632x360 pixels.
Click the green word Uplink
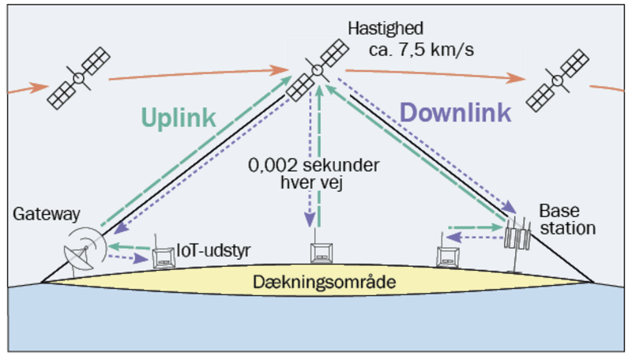click(x=179, y=118)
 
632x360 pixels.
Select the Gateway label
click(x=47, y=214)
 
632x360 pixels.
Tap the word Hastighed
click(x=385, y=29)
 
